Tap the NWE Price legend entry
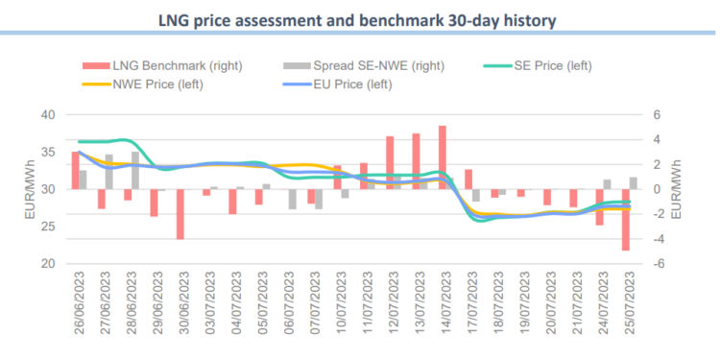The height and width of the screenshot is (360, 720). click(156, 84)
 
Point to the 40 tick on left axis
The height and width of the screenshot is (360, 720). click(46, 114)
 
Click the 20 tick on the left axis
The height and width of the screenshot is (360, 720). click(46, 264)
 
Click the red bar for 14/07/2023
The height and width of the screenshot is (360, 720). click(443, 157)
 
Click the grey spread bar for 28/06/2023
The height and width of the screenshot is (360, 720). click(135, 170)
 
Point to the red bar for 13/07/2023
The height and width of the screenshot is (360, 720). click(417, 161)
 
